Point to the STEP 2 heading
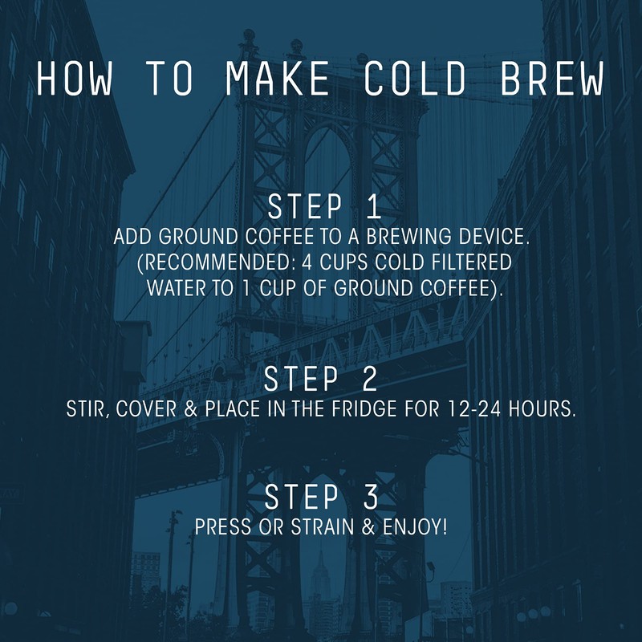tap(321, 378)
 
